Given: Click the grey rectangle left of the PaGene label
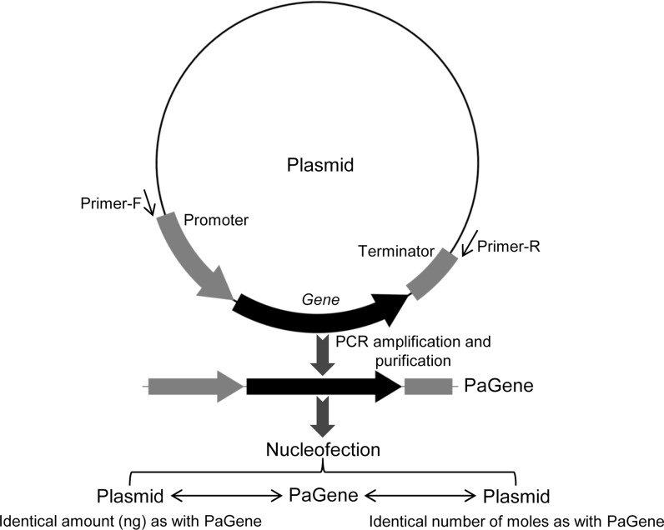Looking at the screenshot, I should [428, 387].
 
